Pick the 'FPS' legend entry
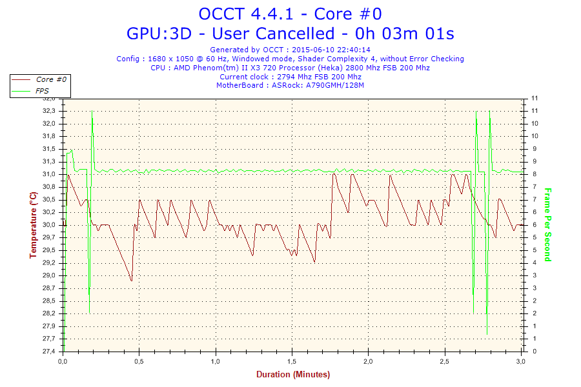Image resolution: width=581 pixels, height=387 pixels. point(42,91)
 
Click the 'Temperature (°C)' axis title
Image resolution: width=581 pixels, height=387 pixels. point(33,225)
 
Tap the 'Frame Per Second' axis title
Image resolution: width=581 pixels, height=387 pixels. point(547,225)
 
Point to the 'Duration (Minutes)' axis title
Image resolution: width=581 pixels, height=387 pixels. point(293,375)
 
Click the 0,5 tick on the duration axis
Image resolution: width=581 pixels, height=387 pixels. point(139,362)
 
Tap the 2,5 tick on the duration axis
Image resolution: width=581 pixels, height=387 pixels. point(445,362)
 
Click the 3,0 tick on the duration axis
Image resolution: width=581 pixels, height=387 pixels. point(521,362)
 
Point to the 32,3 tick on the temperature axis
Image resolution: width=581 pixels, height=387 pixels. point(49,111)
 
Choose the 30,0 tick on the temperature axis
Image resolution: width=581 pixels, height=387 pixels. point(49,225)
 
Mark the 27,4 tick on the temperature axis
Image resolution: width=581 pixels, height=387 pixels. point(49,352)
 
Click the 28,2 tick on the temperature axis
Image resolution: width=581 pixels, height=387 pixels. point(49,313)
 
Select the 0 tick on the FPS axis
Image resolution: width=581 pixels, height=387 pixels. point(533,352)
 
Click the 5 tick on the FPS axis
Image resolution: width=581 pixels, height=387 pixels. point(533,237)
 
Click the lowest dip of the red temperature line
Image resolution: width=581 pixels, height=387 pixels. point(132,281)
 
